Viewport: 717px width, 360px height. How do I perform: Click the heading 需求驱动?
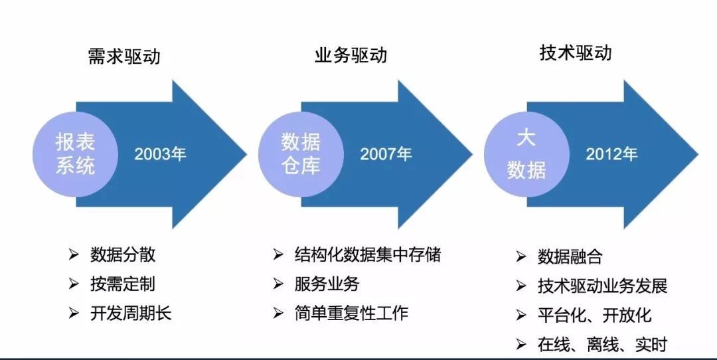(x=124, y=56)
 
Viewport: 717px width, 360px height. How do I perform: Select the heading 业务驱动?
(x=351, y=55)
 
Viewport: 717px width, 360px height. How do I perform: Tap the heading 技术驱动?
(x=575, y=52)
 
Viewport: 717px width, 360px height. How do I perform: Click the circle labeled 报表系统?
(x=76, y=154)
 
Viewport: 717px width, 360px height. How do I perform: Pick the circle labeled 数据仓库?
(x=301, y=154)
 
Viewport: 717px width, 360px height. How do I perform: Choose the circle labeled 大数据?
(x=526, y=154)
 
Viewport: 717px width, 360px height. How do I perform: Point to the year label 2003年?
(x=160, y=154)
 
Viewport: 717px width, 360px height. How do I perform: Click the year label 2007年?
(x=386, y=154)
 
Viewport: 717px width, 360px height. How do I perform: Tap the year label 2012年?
(x=612, y=154)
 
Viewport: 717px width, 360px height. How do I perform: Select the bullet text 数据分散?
(x=123, y=255)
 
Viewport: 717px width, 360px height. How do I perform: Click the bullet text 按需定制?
(x=123, y=284)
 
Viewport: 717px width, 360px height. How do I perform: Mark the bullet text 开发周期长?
(x=131, y=314)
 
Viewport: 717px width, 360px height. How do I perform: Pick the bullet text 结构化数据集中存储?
(x=368, y=254)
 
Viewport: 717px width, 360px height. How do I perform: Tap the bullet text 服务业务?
(x=327, y=284)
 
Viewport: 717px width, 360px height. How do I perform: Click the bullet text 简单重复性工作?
(x=351, y=313)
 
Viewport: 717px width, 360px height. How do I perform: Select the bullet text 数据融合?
(x=570, y=256)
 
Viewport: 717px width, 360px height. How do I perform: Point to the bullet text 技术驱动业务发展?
(x=602, y=286)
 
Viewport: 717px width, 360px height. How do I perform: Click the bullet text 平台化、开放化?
(x=594, y=315)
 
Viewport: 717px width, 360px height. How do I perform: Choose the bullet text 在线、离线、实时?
(x=602, y=345)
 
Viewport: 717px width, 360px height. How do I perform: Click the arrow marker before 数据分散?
(x=74, y=255)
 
